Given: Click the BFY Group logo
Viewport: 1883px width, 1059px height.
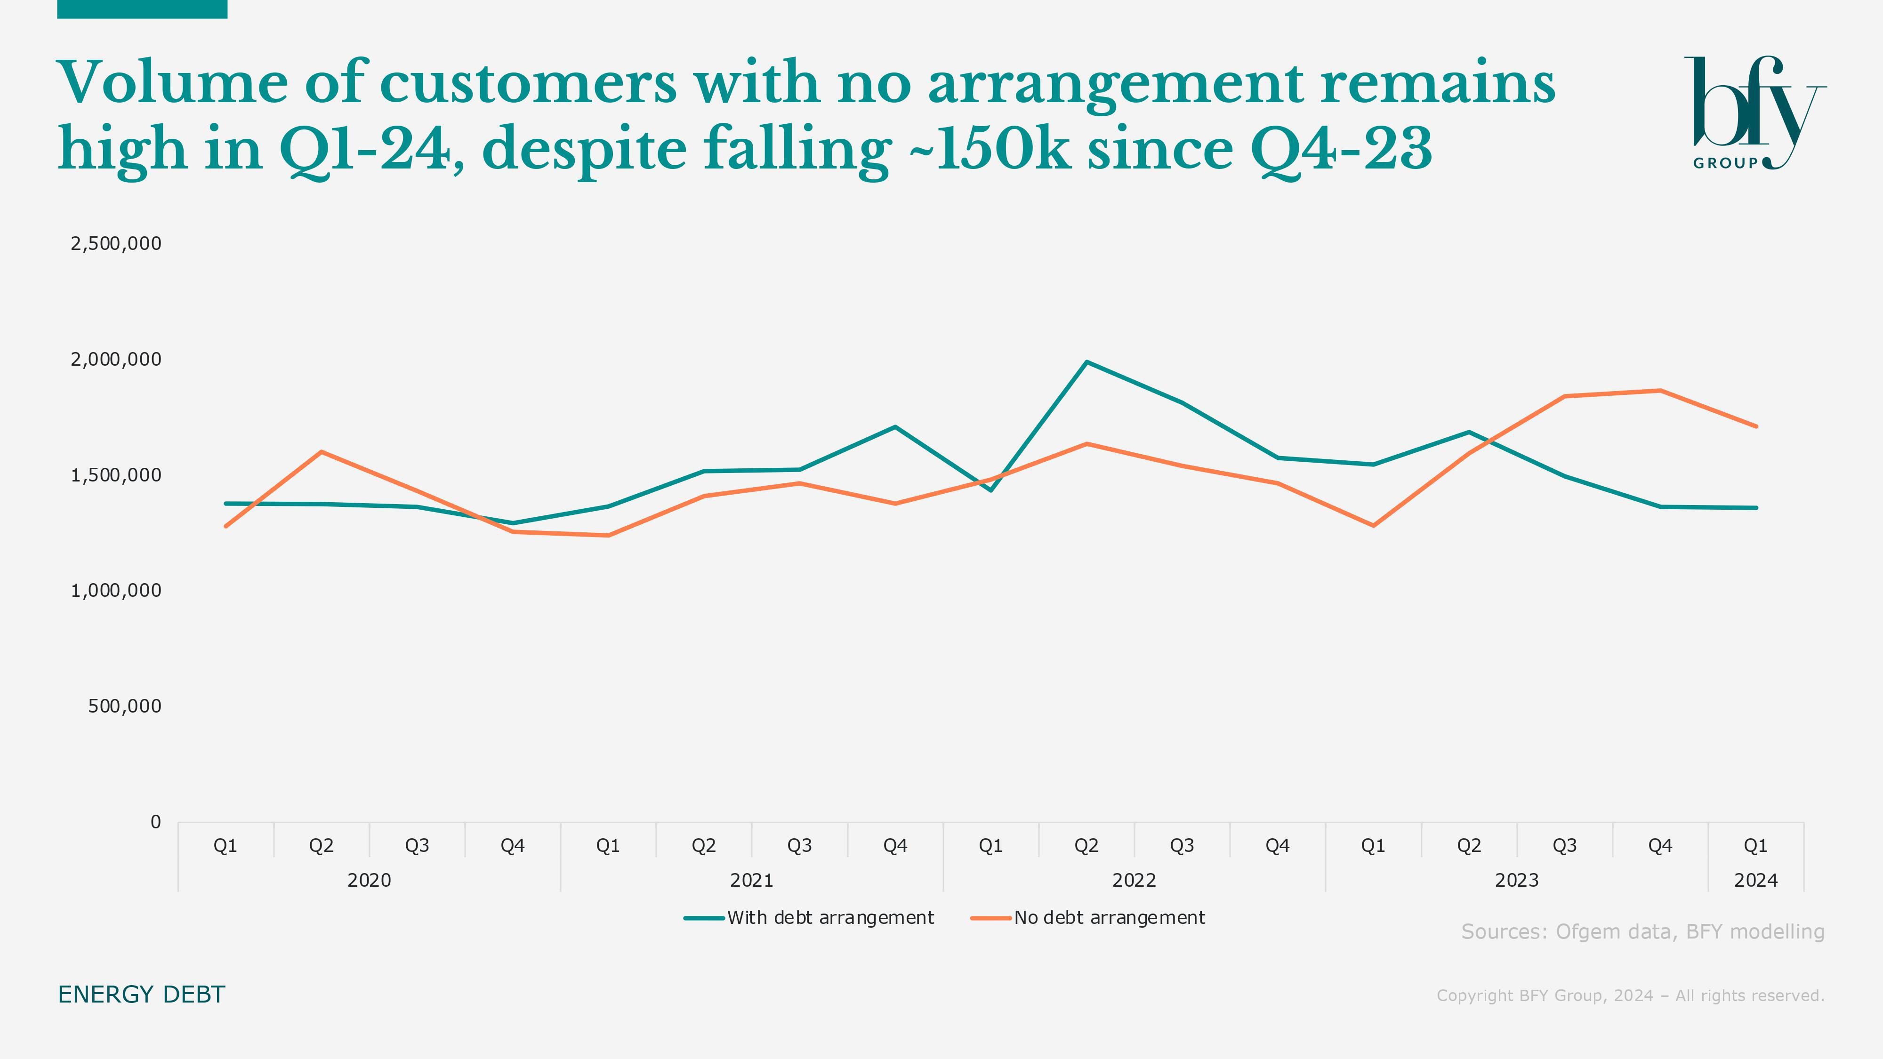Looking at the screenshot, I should (x=1754, y=113).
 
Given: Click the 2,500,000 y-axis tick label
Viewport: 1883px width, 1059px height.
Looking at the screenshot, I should (x=115, y=243).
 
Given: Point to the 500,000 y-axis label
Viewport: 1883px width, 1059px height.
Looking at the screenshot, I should (x=124, y=706).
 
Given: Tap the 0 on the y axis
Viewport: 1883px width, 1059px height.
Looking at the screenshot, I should (x=155, y=822).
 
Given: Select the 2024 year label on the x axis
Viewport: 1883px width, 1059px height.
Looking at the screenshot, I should (x=1755, y=880).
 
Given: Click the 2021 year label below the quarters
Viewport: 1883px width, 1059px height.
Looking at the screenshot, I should (x=751, y=880).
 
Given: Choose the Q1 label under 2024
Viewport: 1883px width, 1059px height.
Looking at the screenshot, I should (x=1755, y=846).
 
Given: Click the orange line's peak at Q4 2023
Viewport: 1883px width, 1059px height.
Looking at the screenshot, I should (x=1660, y=390).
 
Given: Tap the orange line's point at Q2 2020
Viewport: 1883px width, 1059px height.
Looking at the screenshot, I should (x=321, y=452).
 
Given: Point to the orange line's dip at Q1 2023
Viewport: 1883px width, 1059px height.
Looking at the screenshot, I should (x=1373, y=525).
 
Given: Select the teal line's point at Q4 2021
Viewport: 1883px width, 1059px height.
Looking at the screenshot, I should (x=895, y=427).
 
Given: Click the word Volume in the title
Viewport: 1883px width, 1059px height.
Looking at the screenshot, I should (x=172, y=82).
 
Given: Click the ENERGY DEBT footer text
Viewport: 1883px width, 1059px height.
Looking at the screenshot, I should (x=141, y=995).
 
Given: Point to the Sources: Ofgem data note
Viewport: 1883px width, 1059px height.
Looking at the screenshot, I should (x=1642, y=932).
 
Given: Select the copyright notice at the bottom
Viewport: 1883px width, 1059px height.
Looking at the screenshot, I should (x=1630, y=995).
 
